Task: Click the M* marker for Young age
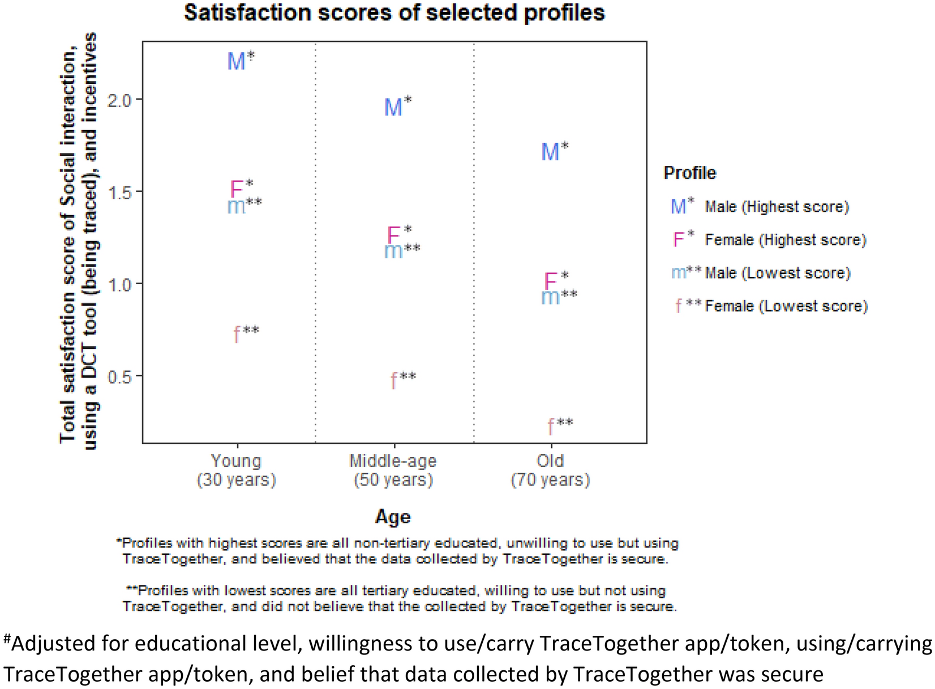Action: click(x=237, y=61)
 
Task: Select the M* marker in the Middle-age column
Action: click(x=394, y=107)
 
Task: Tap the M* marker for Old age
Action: click(x=551, y=152)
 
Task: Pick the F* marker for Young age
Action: click(x=237, y=189)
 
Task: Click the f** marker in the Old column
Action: click(x=551, y=426)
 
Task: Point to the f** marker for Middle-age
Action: click(x=394, y=380)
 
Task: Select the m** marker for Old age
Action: click(x=551, y=297)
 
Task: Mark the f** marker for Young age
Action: click(x=237, y=335)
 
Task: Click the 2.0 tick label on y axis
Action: click(x=119, y=100)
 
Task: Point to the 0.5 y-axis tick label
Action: click(x=119, y=376)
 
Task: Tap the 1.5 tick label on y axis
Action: click(x=119, y=192)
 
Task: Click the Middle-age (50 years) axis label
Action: click(x=393, y=470)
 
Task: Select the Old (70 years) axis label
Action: click(x=550, y=470)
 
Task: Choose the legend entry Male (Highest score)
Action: click(x=777, y=207)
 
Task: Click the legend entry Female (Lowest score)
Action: click(x=786, y=306)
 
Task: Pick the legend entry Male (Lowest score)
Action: click(x=778, y=273)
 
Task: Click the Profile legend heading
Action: click(x=689, y=173)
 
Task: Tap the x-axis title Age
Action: click(x=393, y=516)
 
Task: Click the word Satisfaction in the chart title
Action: click(x=247, y=12)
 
